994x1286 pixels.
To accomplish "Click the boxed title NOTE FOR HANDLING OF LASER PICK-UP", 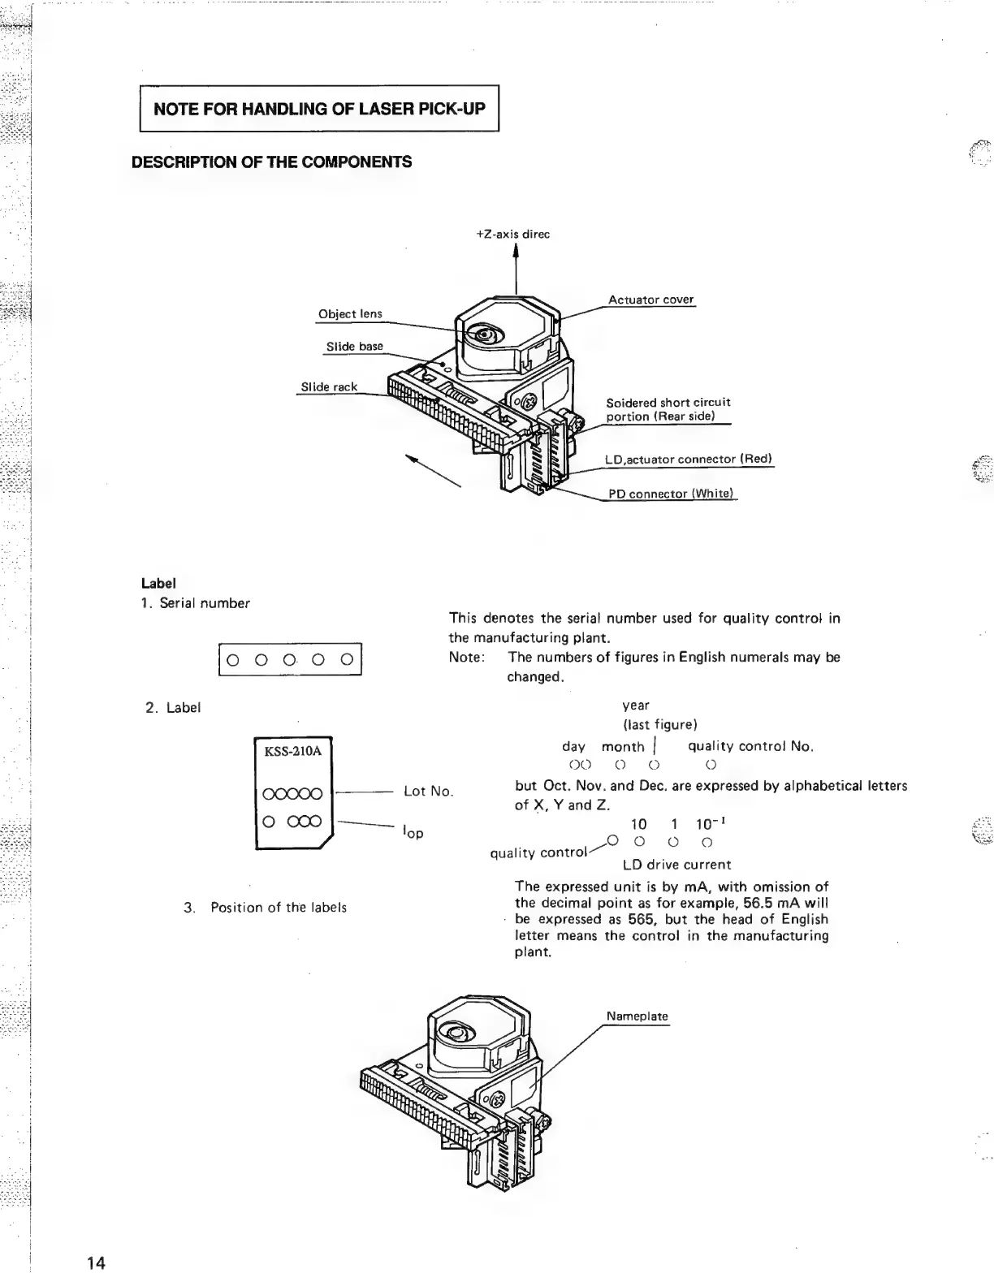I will pos(319,108).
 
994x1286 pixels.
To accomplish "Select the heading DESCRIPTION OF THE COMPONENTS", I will pos(271,162).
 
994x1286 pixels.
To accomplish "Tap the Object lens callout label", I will pos(350,314).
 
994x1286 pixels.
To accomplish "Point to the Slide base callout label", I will pos(354,347).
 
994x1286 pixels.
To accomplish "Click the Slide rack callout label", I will pos(329,387).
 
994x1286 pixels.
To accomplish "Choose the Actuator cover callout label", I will pos(651,300).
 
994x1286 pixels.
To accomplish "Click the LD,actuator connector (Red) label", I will pos(689,460).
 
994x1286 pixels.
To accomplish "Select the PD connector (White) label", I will pos(671,494).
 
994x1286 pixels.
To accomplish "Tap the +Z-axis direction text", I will pos(512,235).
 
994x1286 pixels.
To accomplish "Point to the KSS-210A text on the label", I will pos(293,751).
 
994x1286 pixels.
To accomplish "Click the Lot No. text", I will pos(428,792).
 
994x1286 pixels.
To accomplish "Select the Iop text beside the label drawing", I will pos(413,832).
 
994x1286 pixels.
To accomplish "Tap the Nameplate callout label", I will pos(637,1016).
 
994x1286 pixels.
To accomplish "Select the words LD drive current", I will pos(676,865).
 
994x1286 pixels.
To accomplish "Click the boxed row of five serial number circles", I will pos(290,659).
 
